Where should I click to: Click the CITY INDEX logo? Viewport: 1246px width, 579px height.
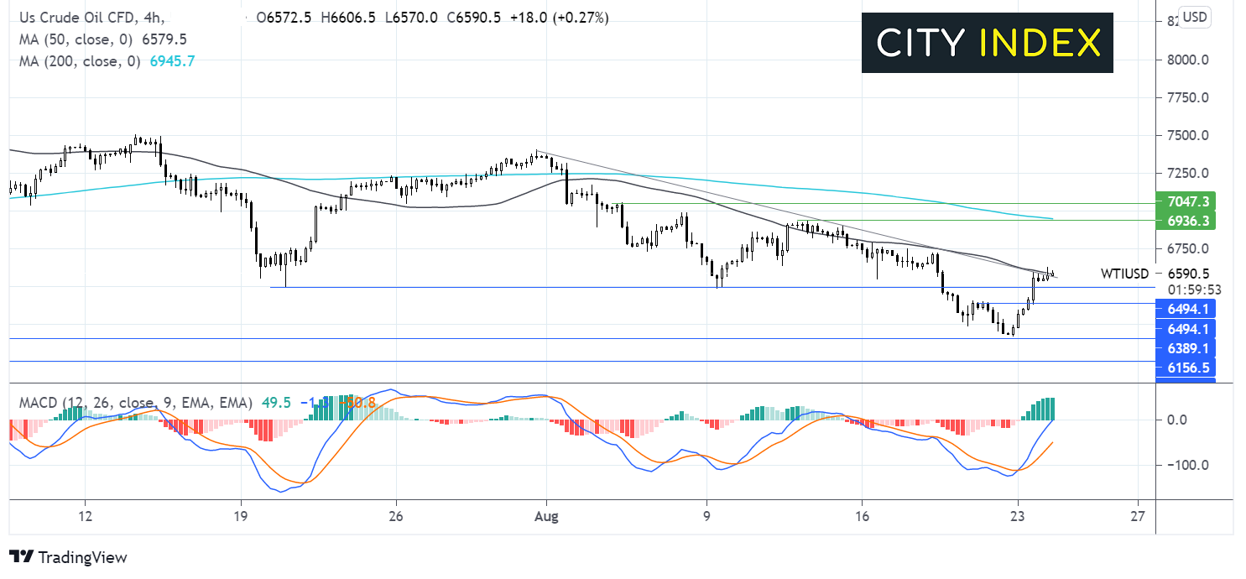coord(987,43)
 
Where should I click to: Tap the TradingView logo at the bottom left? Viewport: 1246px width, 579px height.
coord(68,557)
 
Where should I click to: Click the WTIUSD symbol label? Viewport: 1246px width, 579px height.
coord(1124,274)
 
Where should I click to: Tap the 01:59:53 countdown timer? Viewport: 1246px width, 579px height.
coord(1186,289)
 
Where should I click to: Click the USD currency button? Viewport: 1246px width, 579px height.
coord(1195,17)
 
